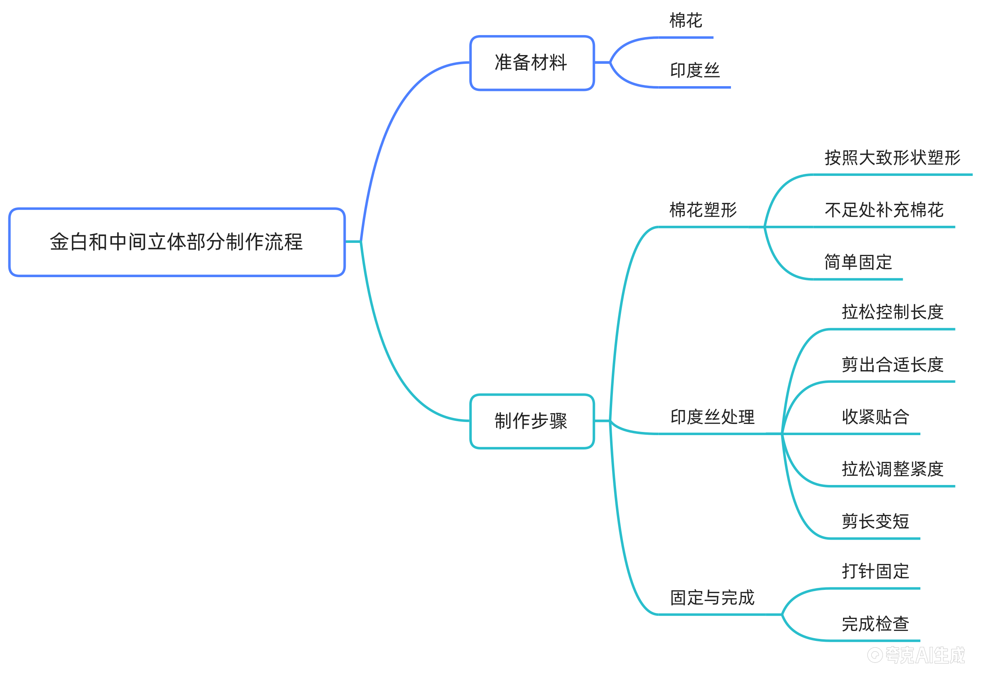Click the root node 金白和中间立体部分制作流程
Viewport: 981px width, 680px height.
176,242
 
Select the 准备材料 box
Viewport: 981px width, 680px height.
531,63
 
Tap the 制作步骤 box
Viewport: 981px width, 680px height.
531,421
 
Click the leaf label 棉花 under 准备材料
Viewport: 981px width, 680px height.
686,20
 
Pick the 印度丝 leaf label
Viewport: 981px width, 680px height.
694,70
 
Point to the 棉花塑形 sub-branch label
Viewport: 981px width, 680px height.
703,210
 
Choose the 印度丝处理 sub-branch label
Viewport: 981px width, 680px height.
712,417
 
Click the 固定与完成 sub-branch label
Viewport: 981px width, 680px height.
712,597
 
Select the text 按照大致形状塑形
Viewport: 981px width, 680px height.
892,158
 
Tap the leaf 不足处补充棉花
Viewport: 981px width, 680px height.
884,210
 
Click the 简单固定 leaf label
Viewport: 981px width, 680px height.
858,262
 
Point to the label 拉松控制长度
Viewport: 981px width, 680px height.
892,312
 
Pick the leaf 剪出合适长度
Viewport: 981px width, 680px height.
892,364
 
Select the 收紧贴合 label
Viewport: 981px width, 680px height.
875,417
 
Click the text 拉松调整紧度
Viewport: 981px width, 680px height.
892,469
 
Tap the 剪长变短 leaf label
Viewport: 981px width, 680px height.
875,522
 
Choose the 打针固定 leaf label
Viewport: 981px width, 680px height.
875,572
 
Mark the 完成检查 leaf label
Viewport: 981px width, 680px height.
875,624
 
